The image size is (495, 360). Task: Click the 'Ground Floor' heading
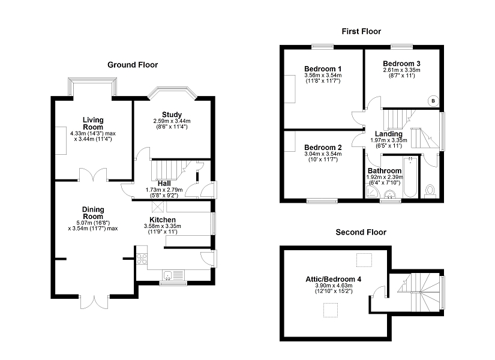click(133, 65)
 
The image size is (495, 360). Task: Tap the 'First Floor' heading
click(361, 31)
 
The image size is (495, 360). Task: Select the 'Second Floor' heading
click(361, 232)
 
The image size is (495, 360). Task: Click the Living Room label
click(93, 124)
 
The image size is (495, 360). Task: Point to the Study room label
click(171, 115)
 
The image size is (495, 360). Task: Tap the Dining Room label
click(93, 213)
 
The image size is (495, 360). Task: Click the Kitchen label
click(163, 220)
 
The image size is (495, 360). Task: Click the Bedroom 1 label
click(323, 69)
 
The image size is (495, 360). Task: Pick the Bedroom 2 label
click(323, 148)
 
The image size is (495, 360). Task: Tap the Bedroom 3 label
click(402, 64)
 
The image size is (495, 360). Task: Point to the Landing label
click(388, 134)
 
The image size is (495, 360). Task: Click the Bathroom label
click(385, 171)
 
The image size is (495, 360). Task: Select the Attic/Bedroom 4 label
click(334, 278)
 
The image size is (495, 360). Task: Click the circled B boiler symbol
click(433, 101)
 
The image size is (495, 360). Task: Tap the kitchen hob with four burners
click(143, 259)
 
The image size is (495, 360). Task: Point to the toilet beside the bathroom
click(430, 191)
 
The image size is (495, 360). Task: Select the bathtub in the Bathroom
click(411, 178)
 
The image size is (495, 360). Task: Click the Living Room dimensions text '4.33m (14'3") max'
click(93, 133)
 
